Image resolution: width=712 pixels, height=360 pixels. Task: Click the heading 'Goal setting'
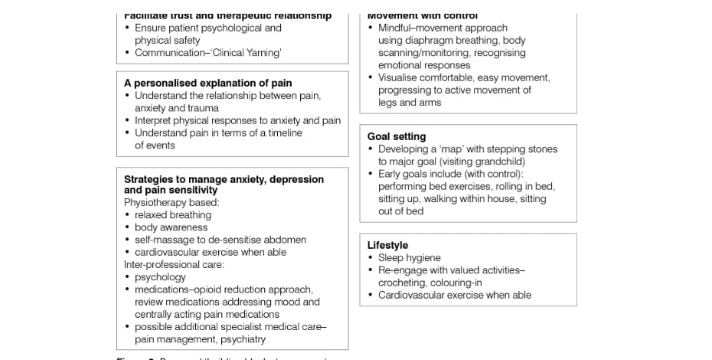(396, 136)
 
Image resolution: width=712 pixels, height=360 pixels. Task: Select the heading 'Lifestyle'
(387, 245)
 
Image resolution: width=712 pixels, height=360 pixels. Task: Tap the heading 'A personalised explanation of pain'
(207, 83)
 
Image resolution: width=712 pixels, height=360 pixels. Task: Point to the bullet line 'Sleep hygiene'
(410, 258)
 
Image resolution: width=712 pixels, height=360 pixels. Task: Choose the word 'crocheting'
(401, 283)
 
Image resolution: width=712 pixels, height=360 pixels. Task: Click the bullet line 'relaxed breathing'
(173, 215)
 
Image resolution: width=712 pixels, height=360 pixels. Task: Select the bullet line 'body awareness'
(171, 227)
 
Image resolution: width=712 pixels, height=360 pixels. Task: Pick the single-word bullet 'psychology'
(160, 277)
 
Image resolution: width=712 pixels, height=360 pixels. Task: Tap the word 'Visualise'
(399, 77)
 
